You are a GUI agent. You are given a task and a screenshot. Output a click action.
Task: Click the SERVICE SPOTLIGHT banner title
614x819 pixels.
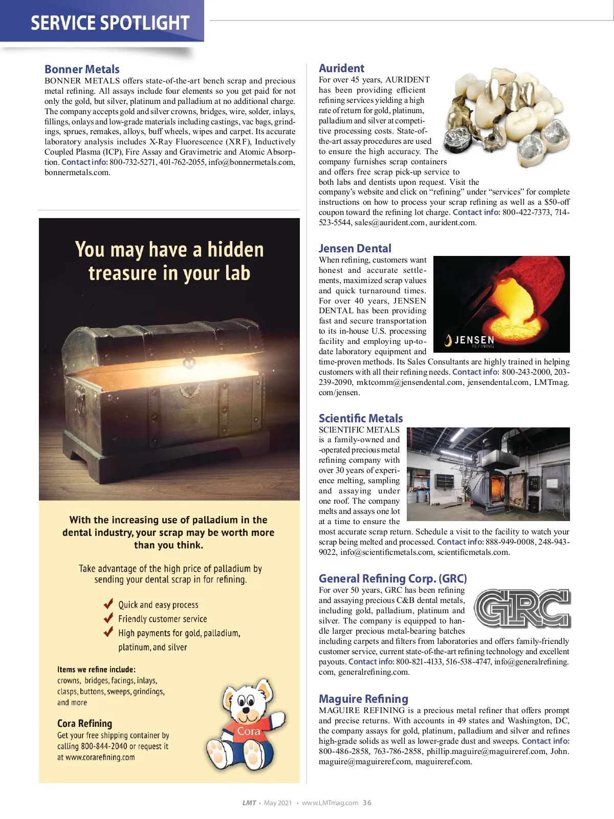pyautogui.click(x=110, y=23)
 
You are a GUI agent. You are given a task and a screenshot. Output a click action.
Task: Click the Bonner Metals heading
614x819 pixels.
pyautogui.click(x=82, y=69)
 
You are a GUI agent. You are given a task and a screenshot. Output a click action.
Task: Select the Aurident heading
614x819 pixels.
pyautogui.click(x=341, y=68)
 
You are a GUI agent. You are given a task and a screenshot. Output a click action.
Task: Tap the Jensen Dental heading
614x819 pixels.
pyautogui.click(x=355, y=248)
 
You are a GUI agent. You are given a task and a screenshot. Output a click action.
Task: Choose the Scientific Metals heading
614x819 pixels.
pyautogui.click(x=361, y=418)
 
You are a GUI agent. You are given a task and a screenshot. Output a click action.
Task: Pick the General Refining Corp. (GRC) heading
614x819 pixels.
pyautogui.click(x=392, y=578)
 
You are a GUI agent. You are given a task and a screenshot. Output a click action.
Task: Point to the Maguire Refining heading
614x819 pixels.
pyautogui.click(x=363, y=699)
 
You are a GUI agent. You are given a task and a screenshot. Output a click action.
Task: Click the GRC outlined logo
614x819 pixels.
pyautogui.click(x=522, y=608)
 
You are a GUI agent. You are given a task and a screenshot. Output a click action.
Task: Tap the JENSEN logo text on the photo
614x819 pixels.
pyautogui.click(x=474, y=340)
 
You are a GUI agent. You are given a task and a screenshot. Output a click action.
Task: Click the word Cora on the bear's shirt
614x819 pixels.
pyautogui.click(x=249, y=731)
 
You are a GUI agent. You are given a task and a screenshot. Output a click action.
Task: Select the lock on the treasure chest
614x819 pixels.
pyautogui.click(x=189, y=363)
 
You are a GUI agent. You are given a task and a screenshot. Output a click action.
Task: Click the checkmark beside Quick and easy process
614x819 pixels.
pyautogui.click(x=108, y=603)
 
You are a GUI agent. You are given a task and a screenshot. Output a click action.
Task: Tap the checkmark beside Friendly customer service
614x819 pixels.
pyautogui.click(x=108, y=617)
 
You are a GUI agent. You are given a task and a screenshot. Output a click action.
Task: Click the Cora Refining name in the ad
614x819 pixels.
pyautogui.click(x=84, y=723)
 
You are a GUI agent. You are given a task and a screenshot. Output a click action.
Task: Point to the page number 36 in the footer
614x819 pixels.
pyautogui.click(x=367, y=803)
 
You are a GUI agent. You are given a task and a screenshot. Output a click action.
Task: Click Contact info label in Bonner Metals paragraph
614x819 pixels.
pyautogui.click(x=84, y=162)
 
